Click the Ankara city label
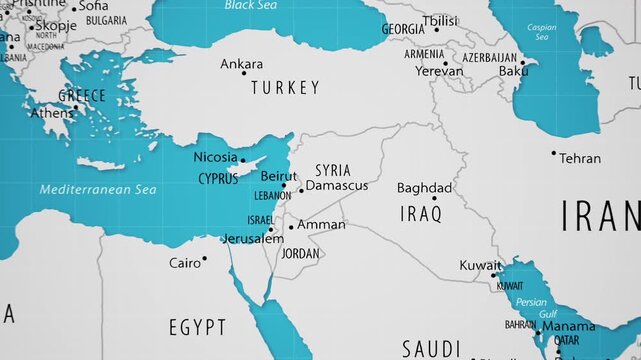[241, 64]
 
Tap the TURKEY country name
[285, 88]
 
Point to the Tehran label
[580, 158]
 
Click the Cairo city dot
[204, 259]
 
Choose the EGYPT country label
[197, 327]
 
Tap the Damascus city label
[336, 185]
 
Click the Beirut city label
[278, 175]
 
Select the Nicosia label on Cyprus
[215, 157]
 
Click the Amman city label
[321, 225]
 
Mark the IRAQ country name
[421, 213]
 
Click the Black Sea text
[251, 5]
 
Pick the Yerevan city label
[439, 71]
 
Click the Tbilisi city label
[439, 20]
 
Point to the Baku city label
[513, 71]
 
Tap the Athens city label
[51, 113]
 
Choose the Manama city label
[569, 326]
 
